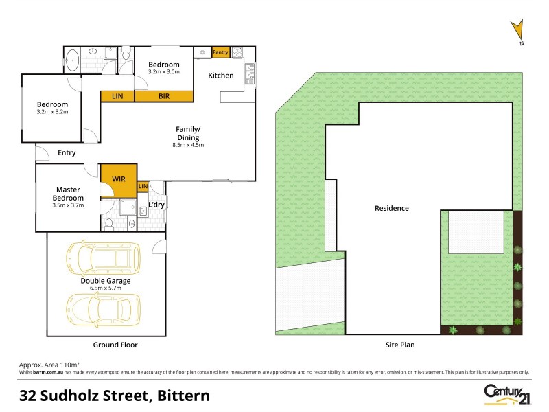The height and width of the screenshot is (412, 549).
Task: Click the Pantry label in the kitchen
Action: [220, 52]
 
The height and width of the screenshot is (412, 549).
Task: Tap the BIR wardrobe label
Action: [164, 96]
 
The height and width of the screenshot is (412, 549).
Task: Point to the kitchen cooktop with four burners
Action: [237, 52]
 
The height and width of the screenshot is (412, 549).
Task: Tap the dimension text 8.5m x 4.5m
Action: [188, 145]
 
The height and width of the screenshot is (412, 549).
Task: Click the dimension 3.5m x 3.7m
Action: [69, 205]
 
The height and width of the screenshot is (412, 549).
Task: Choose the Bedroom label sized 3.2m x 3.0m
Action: [164, 71]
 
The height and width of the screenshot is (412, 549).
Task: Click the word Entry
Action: [67, 152]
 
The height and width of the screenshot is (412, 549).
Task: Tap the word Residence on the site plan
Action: [392, 208]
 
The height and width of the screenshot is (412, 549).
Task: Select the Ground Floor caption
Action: [115, 345]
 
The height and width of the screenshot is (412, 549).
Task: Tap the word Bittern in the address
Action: [183, 396]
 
